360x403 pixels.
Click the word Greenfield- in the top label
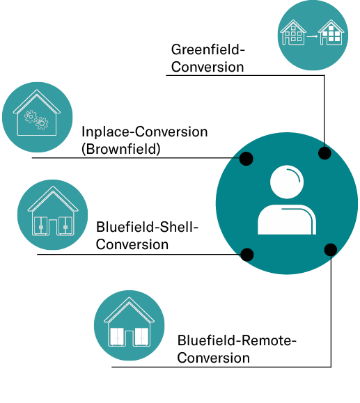[208, 49]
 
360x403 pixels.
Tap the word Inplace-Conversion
[145, 132]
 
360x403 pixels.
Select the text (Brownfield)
[121, 149]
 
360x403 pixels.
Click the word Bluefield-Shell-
[147, 227]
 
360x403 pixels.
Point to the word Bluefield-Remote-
[237, 340]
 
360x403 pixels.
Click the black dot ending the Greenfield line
[324, 153]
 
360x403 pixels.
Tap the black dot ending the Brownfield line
[246, 158]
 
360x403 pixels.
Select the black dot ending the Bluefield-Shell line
[247, 255]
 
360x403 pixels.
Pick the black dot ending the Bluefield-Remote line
[331, 250]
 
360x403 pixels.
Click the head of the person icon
[287, 182]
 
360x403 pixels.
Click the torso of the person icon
[287, 220]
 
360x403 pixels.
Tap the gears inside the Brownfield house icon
[36, 120]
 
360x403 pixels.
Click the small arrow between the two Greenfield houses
[312, 36]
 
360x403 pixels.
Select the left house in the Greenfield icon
[293, 33]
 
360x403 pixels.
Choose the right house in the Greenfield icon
[331, 33]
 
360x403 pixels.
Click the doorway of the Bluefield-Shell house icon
[53, 227]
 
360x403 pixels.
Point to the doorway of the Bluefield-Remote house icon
[129, 338]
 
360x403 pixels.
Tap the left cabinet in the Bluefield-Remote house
[117, 337]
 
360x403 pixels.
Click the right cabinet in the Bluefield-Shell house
[66, 226]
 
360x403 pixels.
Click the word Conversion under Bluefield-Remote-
[214, 358]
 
